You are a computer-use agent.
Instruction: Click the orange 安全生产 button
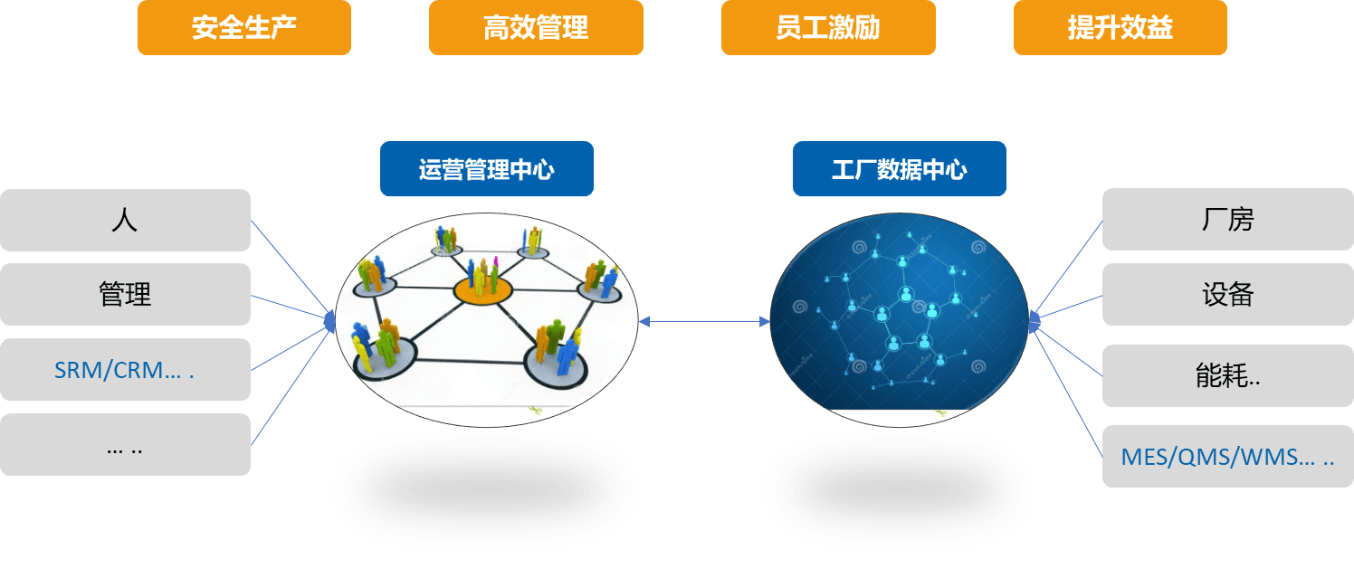pyautogui.click(x=244, y=28)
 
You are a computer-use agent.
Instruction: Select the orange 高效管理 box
pyautogui.click(x=536, y=28)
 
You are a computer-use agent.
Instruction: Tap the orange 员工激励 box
pyautogui.click(x=828, y=28)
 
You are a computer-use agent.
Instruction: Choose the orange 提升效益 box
pyautogui.click(x=1120, y=28)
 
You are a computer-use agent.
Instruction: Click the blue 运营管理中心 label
pyautogui.click(x=487, y=168)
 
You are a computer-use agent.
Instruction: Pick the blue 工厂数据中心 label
pyautogui.click(x=900, y=168)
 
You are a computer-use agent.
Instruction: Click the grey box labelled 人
pyautogui.click(x=125, y=220)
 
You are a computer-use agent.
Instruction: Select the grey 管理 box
pyautogui.click(x=125, y=294)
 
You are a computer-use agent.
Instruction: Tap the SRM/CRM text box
pyautogui.click(x=125, y=369)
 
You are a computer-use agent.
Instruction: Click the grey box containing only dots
pyautogui.click(x=125, y=444)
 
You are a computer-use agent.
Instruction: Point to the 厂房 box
pyautogui.click(x=1227, y=220)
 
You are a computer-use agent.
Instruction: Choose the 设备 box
pyautogui.click(x=1227, y=294)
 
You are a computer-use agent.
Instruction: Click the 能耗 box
pyautogui.click(x=1227, y=376)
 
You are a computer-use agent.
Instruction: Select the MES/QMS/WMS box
pyautogui.click(x=1227, y=456)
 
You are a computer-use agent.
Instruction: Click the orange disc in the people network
pyautogui.click(x=482, y=290)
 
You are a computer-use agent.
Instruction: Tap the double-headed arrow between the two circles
pyautogui.click(x=704, y=321)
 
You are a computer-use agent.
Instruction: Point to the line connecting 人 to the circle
pyautogui.click(x=291, y=268)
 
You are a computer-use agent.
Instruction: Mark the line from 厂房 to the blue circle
pyautogui.click(x=1067, y=269)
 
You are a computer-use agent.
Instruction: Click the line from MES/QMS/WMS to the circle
pyautogui.click(x=1067, y=392)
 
